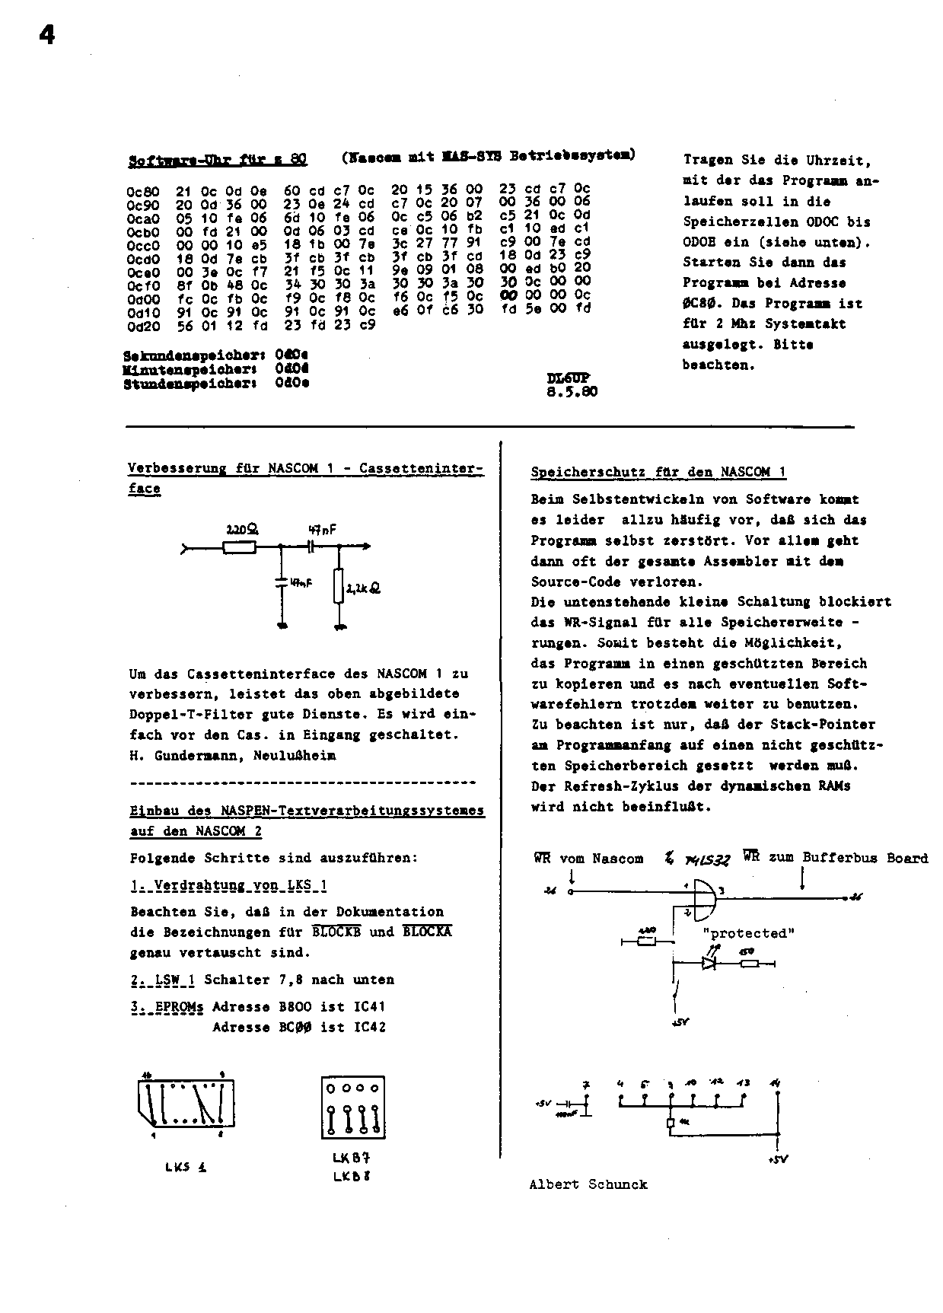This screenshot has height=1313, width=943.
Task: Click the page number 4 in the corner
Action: pyautogui.click(x=47, y=35)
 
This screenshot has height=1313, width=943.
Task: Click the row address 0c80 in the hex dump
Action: pyautogui.click(x=142, y=190)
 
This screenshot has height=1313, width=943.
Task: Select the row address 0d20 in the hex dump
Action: pyautogui.click(x=142, y=326)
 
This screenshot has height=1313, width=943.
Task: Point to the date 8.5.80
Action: pyautogui.click(x=572, y=393)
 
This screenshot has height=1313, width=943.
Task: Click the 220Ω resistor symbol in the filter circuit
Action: pyautogui.click(x=239, y=547)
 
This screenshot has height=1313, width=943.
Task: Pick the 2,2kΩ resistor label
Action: pyautogui.click(x=364, y=588)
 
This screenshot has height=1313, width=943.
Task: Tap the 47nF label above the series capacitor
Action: pyautogui.click(x=322, y=527)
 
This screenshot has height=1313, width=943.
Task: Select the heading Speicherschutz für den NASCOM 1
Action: pyautogui.click(x=658, y=473)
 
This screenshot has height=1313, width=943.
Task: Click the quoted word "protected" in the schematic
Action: pyautogui.click(x=748, y=933)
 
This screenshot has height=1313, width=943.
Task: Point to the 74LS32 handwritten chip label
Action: pyautogui.click(x=707, y=860)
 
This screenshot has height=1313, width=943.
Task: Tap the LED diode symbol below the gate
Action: pyautogui.click(x=709, y=962)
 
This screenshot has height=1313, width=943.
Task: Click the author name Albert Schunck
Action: pyautogui.click(x=588, y=1184)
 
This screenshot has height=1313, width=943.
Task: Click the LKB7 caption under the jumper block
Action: pyautogui.click(x=351, y=1158)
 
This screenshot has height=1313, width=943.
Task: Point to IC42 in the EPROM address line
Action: pyautogui.click(x=370, y=1028)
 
